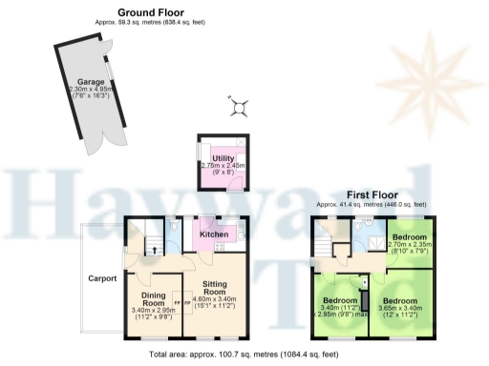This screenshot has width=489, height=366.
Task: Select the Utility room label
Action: (223, 157)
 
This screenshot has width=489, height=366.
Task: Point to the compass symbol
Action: (240, 108)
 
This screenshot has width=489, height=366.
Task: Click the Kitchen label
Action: (213, 233)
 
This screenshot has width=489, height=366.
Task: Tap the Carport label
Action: (102, 279)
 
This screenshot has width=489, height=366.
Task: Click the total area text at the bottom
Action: (244, 355)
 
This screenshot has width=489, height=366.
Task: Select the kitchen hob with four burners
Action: (220, 248)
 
